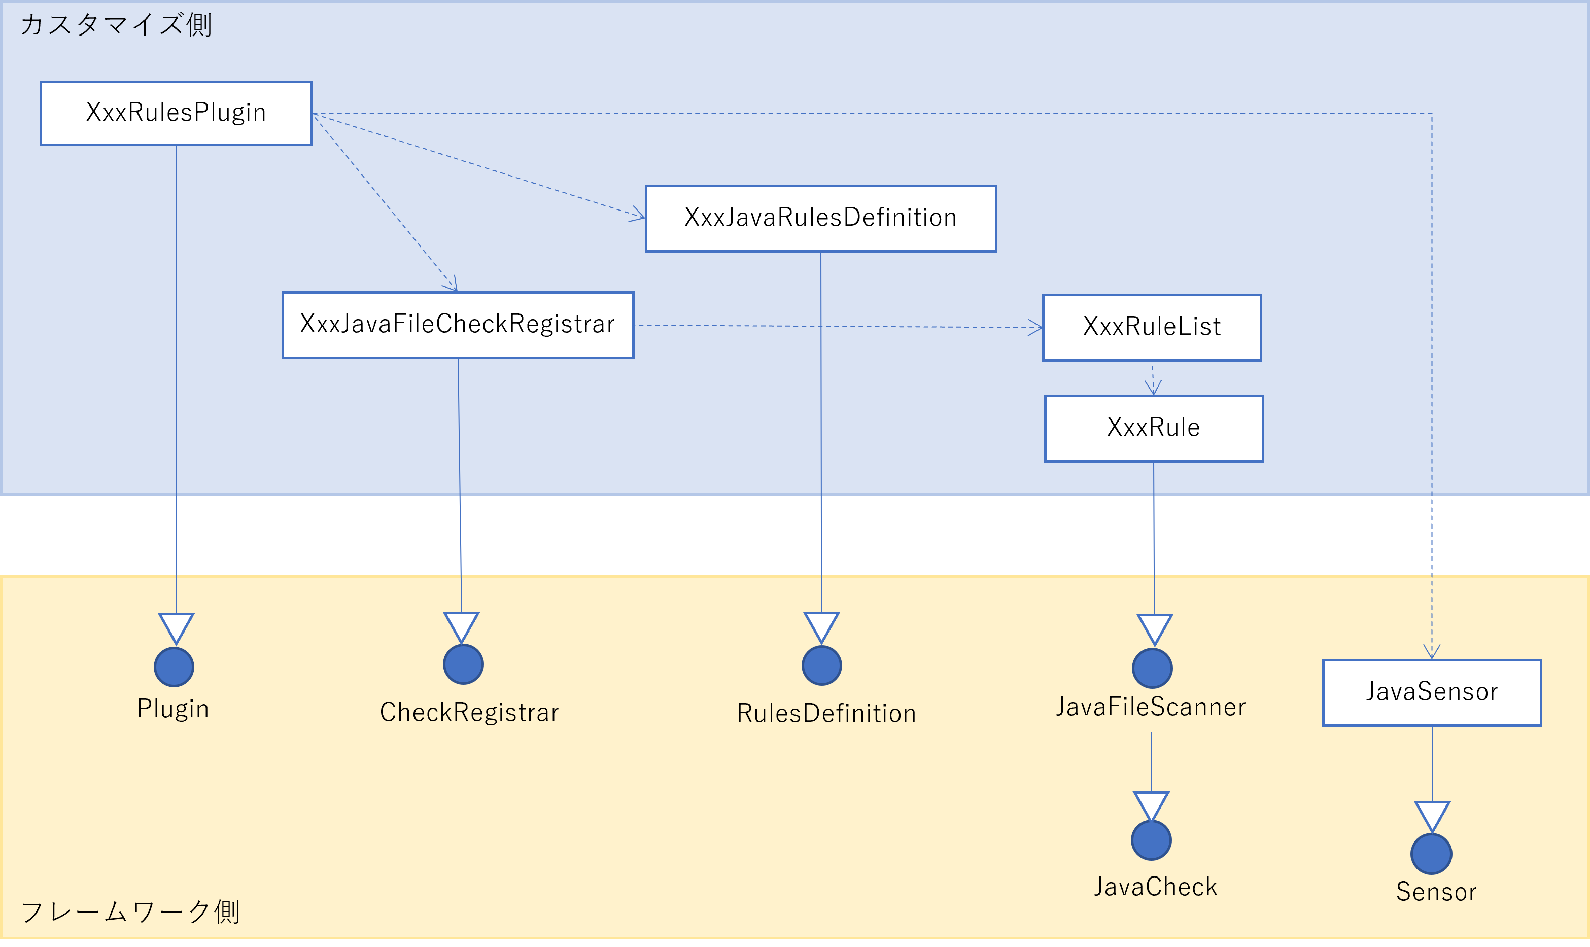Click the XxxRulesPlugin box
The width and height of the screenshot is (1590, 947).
pos(176,113)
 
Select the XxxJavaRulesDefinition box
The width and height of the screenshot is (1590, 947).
pos(820,218)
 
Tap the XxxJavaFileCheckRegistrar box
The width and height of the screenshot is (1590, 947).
pos(458,325)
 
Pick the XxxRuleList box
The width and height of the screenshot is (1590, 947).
pos(1152,327)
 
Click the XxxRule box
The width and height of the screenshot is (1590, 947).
pos(1153,428)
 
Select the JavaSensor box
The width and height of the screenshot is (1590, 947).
pos(1432,692)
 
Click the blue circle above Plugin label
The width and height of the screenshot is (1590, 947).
pos(174,667)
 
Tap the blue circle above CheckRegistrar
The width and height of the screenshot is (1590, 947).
pos(463,664)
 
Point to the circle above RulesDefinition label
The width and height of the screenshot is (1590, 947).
pos(821,665)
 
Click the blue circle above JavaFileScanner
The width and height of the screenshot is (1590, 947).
pos(1152,668)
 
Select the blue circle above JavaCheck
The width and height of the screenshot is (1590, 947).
pos(1151,840)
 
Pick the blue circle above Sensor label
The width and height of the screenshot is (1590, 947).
pos(1431,854)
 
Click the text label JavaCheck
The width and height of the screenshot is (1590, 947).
pos(1156,887)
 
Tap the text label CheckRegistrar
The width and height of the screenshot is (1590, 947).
pos(469,712)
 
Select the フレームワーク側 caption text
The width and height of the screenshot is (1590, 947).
pos(129,911)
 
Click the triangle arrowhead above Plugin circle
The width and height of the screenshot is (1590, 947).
pos(176,628)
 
